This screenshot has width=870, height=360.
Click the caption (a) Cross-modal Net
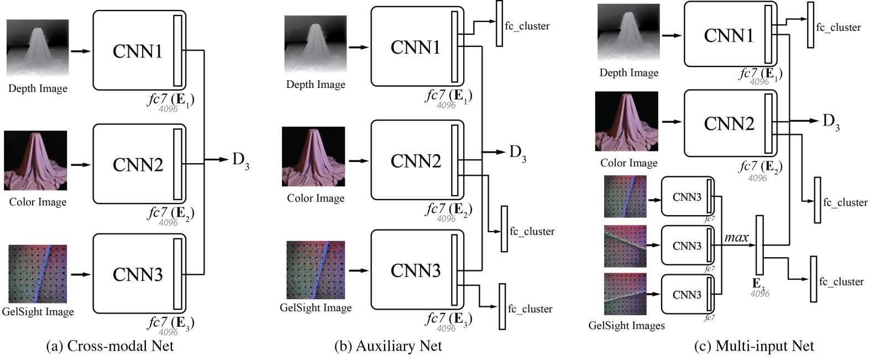(111, 347)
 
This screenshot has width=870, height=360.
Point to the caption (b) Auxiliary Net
(388, 347)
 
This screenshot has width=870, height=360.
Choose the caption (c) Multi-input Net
(754, 347)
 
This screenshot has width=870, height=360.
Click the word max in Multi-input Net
(736, 238)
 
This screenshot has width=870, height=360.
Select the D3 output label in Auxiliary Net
(517, 152)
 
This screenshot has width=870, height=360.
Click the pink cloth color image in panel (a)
(35, 160)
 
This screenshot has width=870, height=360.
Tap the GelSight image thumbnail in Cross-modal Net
(38, 274)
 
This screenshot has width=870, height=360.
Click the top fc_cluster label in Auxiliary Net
(527, 25)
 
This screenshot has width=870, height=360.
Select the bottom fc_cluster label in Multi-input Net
(841, 281)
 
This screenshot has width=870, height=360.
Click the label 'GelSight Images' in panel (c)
(626, 325)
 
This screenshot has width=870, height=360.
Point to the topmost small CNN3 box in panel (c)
(687, 197)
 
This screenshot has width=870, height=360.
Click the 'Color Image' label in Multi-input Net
(628, 163)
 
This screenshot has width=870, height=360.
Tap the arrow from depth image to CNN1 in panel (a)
(80, 51)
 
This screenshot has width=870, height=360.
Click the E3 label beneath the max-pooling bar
(758, 284)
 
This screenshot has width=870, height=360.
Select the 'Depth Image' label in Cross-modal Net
(38, 88)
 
